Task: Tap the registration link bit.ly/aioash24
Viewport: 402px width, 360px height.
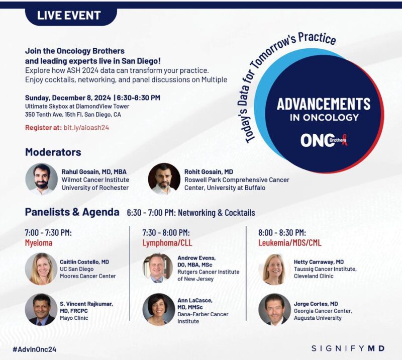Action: (x=86, y=128)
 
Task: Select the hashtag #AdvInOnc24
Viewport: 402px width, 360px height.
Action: (x=34, y=349)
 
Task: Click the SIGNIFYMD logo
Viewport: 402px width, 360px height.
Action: (x=348, y=348)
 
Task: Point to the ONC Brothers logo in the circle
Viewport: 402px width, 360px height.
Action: (x=324, y=140)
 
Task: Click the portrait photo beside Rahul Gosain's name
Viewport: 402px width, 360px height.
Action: (x=41, y=179)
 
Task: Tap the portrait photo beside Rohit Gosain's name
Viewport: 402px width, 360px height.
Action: (x=164, y=179)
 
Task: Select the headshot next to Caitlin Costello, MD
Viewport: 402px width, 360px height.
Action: (x=41, y=269)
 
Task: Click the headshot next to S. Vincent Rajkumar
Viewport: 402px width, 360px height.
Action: (x=41, y=309)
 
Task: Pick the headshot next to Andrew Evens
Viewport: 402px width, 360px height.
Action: (x=157, y=268)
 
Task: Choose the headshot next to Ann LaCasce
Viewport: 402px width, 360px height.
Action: (x=159, y=309)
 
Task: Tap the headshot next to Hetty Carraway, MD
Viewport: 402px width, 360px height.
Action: (x=274, y=269)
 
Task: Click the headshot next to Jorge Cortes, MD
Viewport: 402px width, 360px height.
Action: (x=274, y=309)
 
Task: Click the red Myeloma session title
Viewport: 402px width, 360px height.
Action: (x=39, y=243)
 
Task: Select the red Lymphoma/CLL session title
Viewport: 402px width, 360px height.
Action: (x=167, y=243)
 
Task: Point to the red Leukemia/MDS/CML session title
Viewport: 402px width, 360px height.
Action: (x=290, y=243)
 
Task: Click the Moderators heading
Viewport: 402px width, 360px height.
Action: (x=53, y=152)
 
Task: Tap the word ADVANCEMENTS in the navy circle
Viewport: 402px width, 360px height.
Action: (x=324, y=104)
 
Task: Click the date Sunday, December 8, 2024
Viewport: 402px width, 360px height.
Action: (x=68, y=98)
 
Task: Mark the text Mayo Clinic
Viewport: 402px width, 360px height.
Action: (x=74, y=318)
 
